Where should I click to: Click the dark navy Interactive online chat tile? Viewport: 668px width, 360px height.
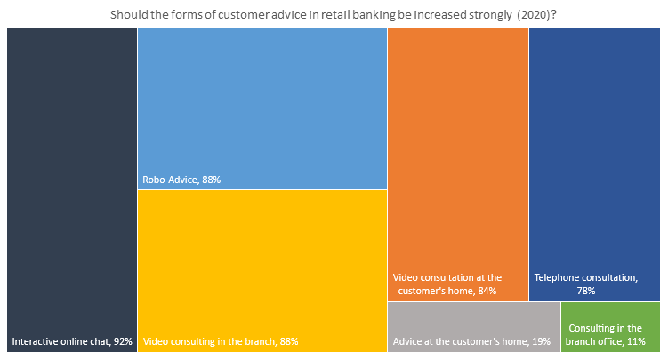coord(71,178)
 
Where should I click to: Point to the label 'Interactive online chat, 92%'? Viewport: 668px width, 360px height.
coord(71,341)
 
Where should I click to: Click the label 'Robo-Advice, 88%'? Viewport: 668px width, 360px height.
coord(181,180)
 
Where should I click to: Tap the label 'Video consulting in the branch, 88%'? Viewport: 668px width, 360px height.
coord(220,341)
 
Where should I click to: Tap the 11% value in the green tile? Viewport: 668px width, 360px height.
coord(634,341)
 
